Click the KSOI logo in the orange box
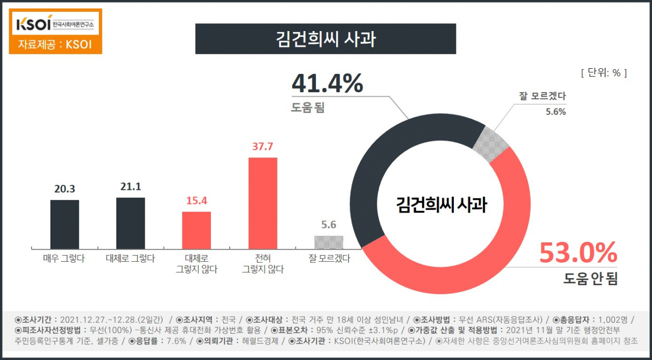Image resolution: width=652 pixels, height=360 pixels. pos(55,24)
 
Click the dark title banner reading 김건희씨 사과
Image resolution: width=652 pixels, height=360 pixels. pos(325,39)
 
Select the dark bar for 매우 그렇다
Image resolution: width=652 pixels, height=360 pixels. pos(65,225)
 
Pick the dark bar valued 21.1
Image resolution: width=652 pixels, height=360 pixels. pos(131,223)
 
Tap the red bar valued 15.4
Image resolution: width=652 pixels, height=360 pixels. pos(197,230)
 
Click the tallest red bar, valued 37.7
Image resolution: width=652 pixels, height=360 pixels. pos(263,204)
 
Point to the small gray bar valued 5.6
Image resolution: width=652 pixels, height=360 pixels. pos(329,242)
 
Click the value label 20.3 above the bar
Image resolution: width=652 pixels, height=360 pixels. pos(65,189)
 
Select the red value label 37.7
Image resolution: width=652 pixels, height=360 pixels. pos(262,146)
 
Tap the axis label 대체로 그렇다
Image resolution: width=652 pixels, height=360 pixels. pos(130,258)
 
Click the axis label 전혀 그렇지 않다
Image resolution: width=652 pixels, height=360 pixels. pos(263,264)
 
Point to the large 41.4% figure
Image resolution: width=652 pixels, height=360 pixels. pos(328,84)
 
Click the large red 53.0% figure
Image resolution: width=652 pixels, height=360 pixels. pos(578,253)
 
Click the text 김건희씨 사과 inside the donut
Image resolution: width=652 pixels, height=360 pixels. pos(442,205)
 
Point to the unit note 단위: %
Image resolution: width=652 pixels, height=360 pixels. pos(604,73)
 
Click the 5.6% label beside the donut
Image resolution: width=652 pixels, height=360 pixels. pos(556,112)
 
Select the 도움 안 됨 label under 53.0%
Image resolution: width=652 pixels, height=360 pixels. pos(590,279)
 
